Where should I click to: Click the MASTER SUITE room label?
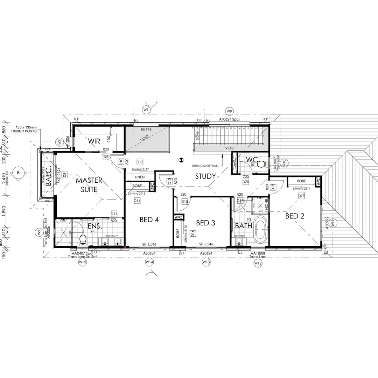tap(89, 185)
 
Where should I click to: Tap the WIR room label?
tap(94, 141)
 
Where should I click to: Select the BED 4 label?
tap(149, 219)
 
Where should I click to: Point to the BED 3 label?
tap(206, 223)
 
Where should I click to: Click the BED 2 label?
tap(294, 216)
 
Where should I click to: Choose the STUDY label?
tap(205, 176)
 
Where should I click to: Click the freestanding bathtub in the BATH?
tap(260, 231)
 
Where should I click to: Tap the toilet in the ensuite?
tap(83, 240)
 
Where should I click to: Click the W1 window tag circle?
tap(146, 110)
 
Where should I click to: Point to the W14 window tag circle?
tap(149, 262)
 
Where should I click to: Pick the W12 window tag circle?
tap(258, 262)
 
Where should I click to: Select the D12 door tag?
tap(140, 162)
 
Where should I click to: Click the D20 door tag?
tap(246, 182)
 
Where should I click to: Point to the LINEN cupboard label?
tap(139, 177)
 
